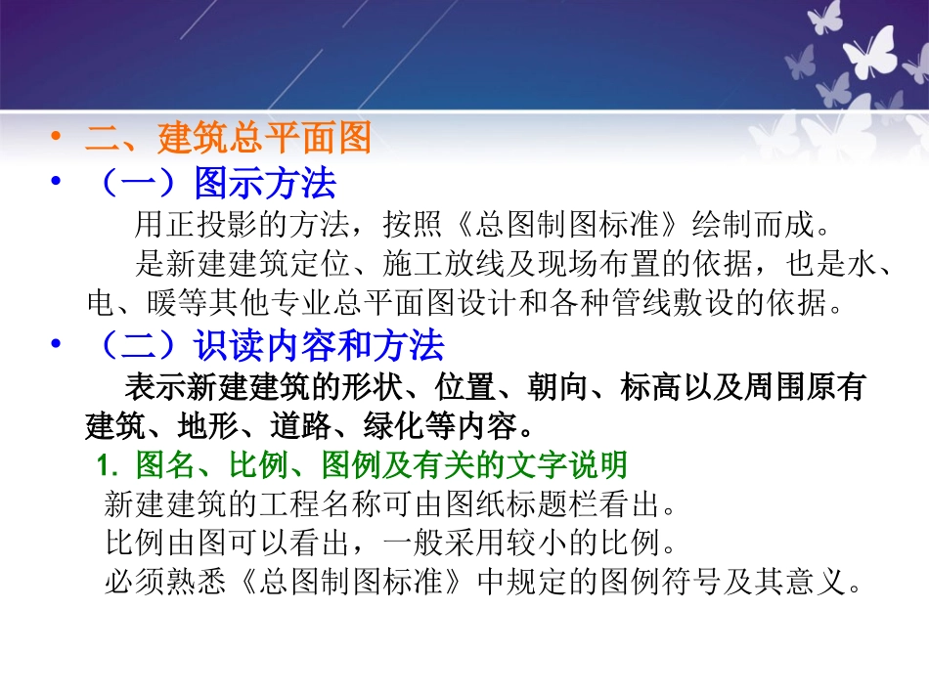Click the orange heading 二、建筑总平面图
(x=228, y=139)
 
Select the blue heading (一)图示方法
(x=211, y=183)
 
